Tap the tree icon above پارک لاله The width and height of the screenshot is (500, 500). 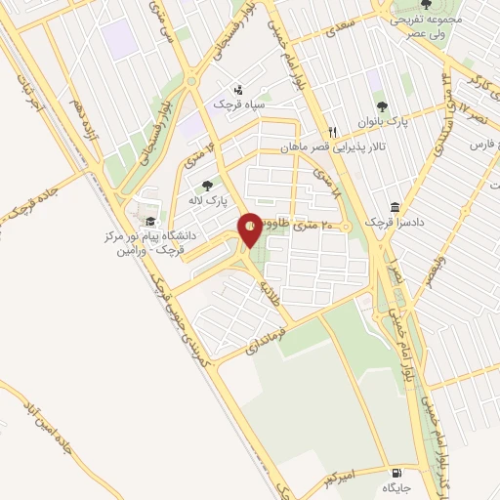coord(207,184)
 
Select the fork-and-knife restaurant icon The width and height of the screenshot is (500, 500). coord(333,132)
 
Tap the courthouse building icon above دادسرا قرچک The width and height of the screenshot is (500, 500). coord(395,208)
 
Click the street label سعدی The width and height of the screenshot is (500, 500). coord(329,34)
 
